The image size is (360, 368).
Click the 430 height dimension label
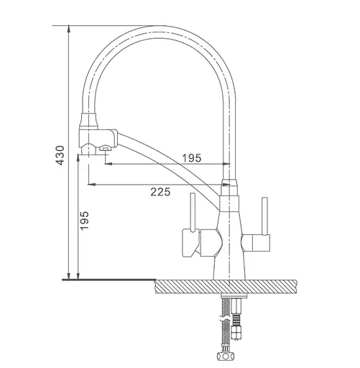pyautogui.click(x=60, y=155)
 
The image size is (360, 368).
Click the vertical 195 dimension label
pyautogui.click(x=84, y=221)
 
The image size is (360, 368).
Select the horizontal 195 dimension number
pyautogui.click(x=192, y=158)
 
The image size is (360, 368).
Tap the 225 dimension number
pyautogui.click(x=160, y=192)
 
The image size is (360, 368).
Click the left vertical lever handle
pyautogui.click(x=193, y=213)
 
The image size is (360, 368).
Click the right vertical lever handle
pyautogui.click(x=264, y=216)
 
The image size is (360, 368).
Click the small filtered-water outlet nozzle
pyautogui.click(x=104, y=148)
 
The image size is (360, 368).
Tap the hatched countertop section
pyautogui.click(x=226, y=286)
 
